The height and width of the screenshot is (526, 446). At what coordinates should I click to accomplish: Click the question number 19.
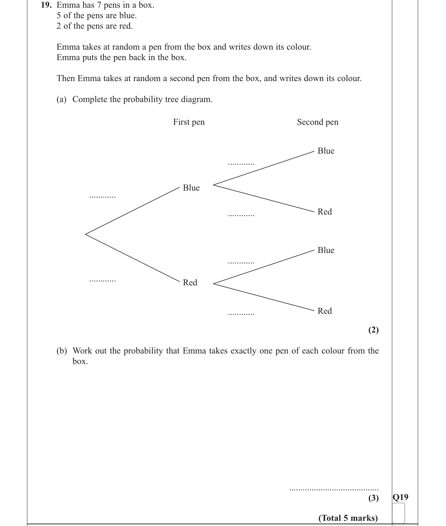tap(46, 5)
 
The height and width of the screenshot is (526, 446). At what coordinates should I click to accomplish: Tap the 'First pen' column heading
tap(189, 122)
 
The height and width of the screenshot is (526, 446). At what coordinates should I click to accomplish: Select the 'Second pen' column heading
tap(318, 122)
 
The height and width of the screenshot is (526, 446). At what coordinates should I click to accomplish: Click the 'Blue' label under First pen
tap(191, 188)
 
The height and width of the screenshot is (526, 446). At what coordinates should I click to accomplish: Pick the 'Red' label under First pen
tap(190, 282)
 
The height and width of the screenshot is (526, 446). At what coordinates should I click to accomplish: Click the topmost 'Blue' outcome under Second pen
tap(326, 151)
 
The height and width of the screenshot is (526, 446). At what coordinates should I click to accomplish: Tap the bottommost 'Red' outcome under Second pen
tap(325, 311)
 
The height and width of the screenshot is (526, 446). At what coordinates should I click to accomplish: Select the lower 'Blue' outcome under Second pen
tap(326, 250)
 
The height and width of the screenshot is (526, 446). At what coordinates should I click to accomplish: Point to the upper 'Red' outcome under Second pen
tap(325, 212)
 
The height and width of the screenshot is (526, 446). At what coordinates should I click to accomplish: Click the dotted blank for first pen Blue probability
tap(102, 197)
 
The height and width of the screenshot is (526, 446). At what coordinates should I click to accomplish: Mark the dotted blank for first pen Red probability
tap(102, 281)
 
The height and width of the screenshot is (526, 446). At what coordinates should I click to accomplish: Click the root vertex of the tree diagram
tap(86, 234)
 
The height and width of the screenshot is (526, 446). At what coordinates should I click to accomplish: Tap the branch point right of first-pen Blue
tap(214, 185)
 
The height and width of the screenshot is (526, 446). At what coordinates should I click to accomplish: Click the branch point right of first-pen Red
tap(214, 283)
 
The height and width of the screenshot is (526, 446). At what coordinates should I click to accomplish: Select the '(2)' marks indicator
tap(373, 330)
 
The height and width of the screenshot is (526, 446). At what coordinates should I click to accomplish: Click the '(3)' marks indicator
tap(373, 498)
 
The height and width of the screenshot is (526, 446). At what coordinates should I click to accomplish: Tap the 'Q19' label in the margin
tap(400, 497)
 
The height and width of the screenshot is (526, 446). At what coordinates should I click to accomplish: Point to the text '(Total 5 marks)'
tap(348, 518)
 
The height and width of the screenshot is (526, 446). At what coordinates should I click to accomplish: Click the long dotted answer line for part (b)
tap(334, 489)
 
